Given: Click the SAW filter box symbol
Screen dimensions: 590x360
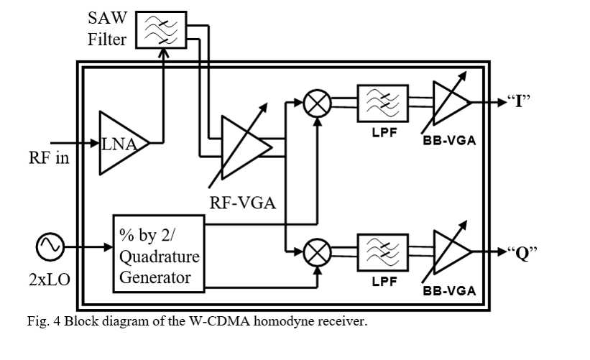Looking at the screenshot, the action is pyautogui.click(x=161, y=29).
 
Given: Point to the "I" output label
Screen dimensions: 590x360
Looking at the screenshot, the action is pyautogui.click(x=519, y=101).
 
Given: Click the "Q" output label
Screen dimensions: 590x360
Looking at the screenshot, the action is pyautogui.click(x=522, y=252).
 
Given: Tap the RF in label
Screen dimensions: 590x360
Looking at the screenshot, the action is pyautogui.click(x=49, y=157).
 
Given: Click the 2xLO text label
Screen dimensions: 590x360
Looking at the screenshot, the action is pyautogui.click(x=50, y=280).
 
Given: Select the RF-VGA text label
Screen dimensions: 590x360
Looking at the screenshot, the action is pyautogui.click(x=243, y=203).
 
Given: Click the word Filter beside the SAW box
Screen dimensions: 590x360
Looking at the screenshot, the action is pyautogui.click(x=107, y=40).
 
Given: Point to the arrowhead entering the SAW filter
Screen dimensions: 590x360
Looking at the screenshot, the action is pyautogui.click(x=163, y=53).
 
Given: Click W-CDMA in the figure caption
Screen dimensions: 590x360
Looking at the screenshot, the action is pyautogui.click(x=219, y=321).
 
